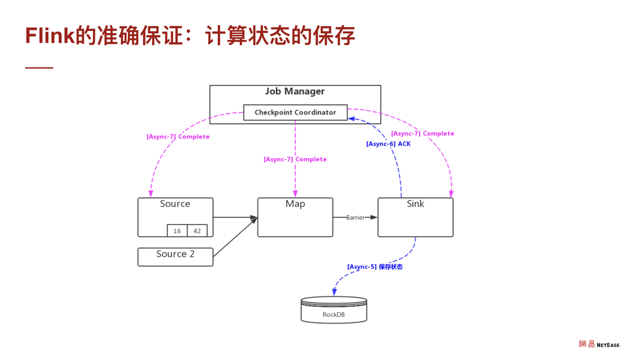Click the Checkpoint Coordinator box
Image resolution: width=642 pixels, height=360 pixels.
(295, 112)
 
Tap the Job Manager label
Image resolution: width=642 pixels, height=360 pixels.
(295, 91)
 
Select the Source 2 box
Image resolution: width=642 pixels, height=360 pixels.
(175, 257)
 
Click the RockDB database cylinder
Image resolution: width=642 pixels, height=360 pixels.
(334, 310)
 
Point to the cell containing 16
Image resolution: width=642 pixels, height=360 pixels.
(177, 231)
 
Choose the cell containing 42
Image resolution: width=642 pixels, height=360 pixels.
(197, 231)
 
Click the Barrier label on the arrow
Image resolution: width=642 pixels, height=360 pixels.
(355, 218)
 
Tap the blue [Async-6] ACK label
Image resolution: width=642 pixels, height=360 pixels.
(388, 144)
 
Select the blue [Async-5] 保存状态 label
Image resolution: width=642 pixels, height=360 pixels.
(375, 267)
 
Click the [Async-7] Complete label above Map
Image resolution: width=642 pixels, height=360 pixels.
(295, 159)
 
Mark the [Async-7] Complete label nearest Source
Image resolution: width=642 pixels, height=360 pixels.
(178, 137)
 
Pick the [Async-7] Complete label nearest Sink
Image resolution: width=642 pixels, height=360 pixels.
(422, 133)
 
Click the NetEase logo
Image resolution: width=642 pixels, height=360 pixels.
(599, 344)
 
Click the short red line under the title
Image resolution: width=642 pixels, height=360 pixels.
(39, 68)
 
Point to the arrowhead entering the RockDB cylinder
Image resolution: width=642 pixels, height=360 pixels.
(334, 293)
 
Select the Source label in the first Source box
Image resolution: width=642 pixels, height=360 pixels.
(175, 204)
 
